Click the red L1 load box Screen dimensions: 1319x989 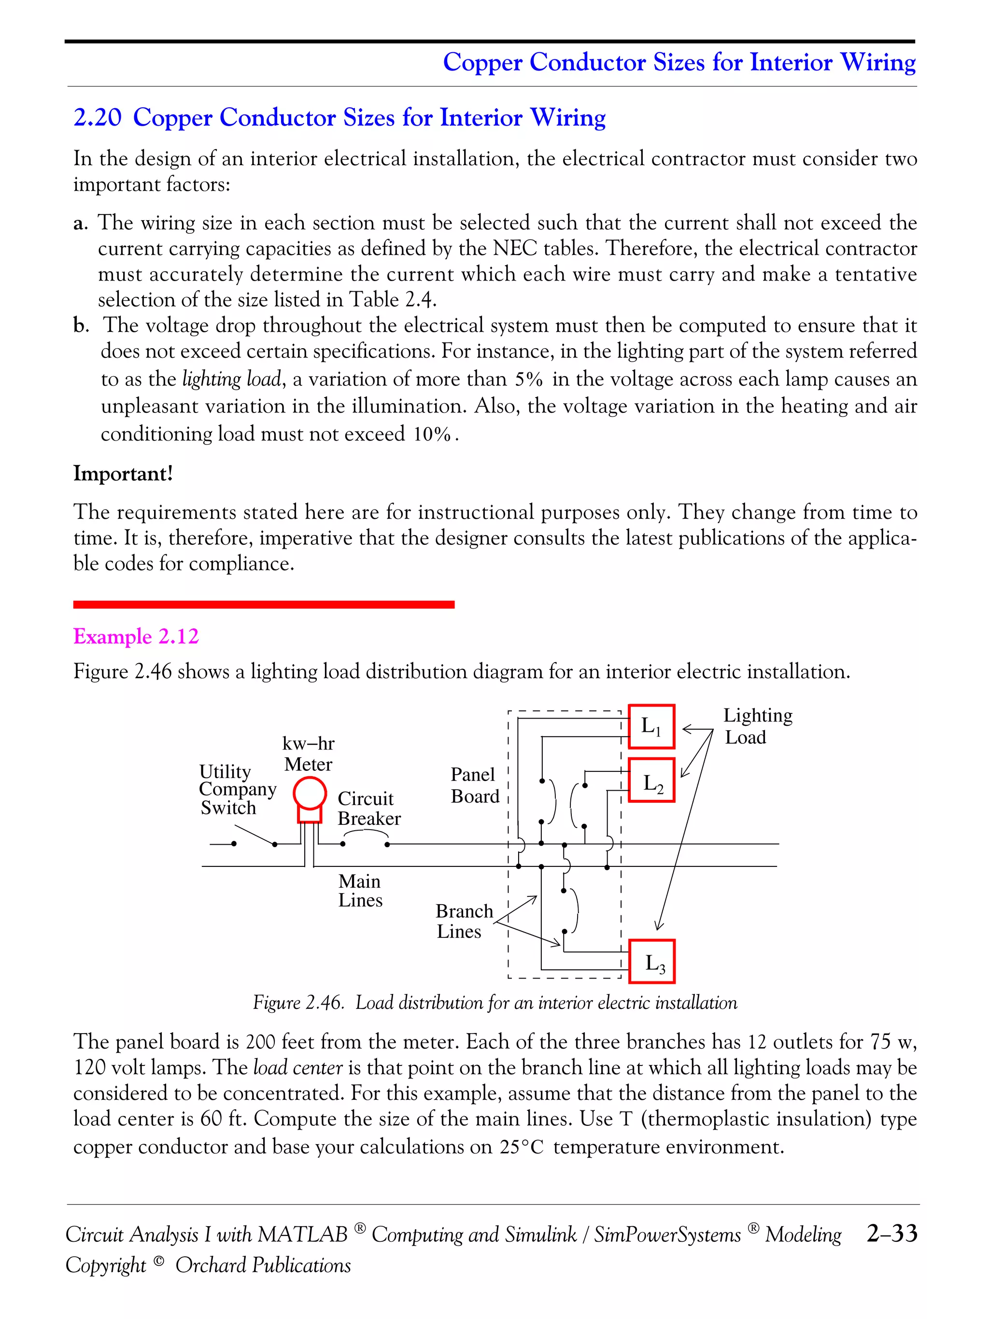coord(651,726)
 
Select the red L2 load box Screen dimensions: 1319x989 coord(651,780)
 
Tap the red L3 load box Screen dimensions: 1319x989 coord(651,961)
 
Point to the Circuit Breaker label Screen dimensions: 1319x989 coord(369,808)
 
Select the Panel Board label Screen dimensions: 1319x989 coord(475,785)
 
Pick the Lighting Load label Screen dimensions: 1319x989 coord(757,726)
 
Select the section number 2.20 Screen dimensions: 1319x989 coord(97,117)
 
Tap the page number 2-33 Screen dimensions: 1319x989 coord(892,1233)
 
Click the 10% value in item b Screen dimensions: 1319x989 coord(432,434)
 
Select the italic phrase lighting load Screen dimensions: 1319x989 coord(231,379)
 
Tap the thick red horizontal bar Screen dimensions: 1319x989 coord(264,605)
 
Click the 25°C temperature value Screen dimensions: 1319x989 coord(522,1147)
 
